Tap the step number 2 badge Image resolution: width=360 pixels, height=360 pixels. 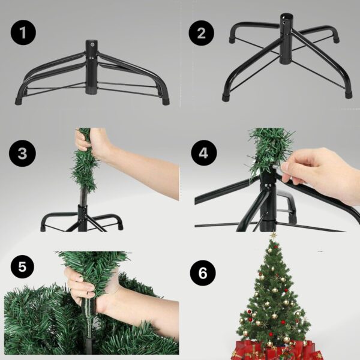pos(202,33)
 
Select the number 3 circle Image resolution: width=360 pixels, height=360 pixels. pos(23,153)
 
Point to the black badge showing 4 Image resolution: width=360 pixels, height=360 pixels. pos(204,153)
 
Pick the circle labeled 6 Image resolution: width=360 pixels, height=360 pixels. pos(203,274)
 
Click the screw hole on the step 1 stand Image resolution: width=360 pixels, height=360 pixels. pos(92,44)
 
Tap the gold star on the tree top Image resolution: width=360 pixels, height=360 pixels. pos(274,236)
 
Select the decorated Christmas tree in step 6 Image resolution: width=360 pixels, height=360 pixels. pos(274,294)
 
